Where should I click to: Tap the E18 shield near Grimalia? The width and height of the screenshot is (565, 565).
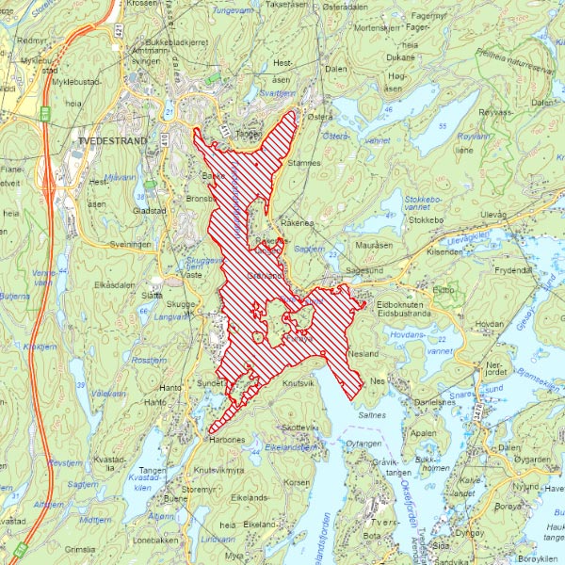pos(18,548)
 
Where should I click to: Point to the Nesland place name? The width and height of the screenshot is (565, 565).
pos(362,353)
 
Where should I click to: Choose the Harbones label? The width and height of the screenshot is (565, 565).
pos(225,439)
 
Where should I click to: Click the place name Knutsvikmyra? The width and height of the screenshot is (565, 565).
pos(218,469)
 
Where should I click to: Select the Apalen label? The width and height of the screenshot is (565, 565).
pos(424,434)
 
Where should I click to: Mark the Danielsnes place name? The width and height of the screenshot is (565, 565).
pos(434,401)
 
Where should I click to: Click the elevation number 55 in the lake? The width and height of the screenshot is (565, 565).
pos(441,125)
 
